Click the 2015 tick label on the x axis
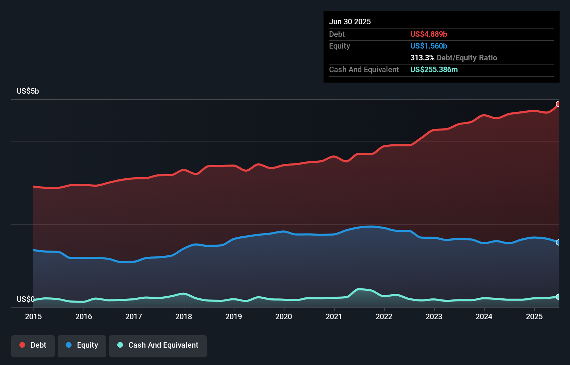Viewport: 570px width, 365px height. click(33, 316)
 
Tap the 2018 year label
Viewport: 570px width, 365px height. click(184, 316)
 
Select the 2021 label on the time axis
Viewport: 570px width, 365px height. click(334, 316)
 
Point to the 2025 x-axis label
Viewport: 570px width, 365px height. click(534, 316)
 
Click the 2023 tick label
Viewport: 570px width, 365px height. click(434, 316)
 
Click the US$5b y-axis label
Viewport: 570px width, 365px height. click(28, 91)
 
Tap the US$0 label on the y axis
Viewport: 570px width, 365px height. click(25, 299)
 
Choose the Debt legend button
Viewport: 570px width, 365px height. click(33, 345)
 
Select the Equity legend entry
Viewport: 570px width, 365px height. click(82, 345)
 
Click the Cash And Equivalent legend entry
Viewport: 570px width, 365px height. click(158, 345)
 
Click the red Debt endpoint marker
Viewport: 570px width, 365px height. click(558, 104)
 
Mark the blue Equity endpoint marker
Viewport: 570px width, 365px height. click(558, 242)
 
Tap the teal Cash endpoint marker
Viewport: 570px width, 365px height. click(558, 297)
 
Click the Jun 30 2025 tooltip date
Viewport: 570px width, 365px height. click(350, 22)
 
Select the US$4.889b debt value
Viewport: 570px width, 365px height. click(428, 34)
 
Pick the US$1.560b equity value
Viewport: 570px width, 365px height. click(428, 46)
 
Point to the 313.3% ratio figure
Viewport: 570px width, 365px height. click(422, 58)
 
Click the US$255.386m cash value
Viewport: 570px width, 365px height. click(434, 69)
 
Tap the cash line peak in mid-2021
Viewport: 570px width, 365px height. click(359, 289)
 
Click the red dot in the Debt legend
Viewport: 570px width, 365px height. click(22, 345)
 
